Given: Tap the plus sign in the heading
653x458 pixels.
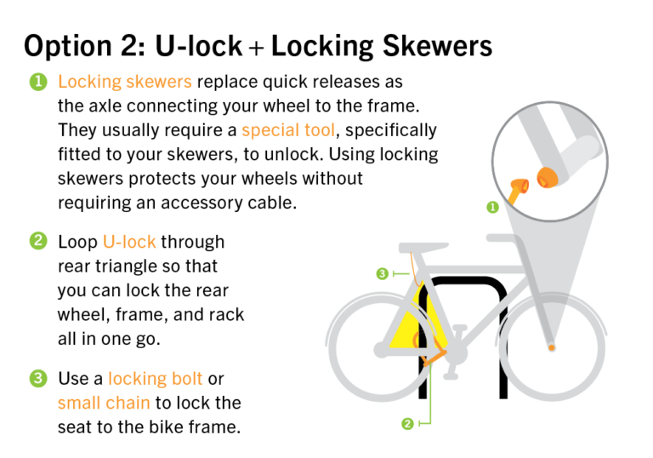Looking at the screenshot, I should click(256, 46).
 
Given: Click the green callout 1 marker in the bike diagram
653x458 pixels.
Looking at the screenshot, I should click(491, 207).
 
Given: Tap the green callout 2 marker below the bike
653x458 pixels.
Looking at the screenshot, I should click(407, 423).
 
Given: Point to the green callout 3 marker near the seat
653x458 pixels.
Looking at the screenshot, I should click(383, 273).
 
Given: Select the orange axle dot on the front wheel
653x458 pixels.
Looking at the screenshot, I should click(554, 347).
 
